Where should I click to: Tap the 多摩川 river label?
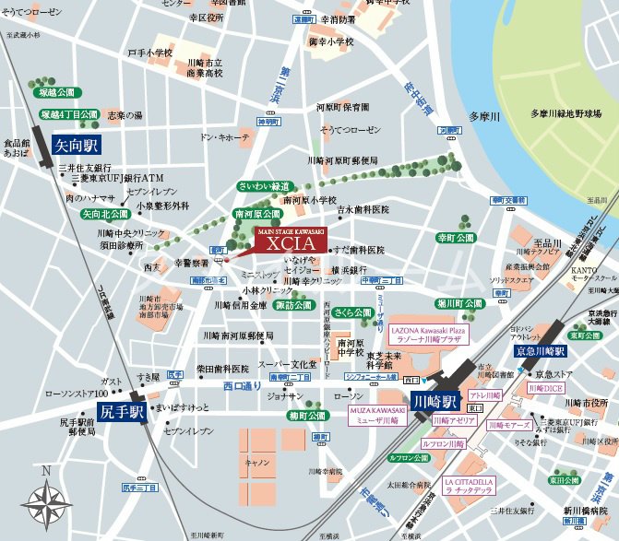(x=482, y=116)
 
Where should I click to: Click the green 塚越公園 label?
(x=55, y=93)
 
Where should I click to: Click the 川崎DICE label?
(x=544, y=389)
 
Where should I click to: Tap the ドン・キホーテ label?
(x=225, y=136)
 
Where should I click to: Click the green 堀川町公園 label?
(x=459, y=302)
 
